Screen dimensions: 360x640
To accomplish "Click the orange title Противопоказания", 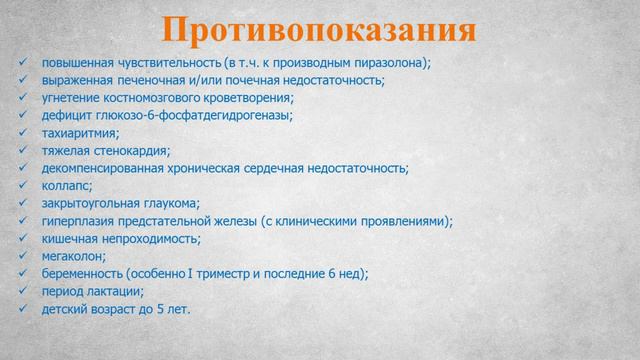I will pyautogui.click(x=319, y=29).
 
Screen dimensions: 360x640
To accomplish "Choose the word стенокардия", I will pyautogui.click(x=128, y=150).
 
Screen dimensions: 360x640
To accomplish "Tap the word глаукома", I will pyautogui.click(x=170, y=203).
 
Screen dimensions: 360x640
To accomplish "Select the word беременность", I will pyautogui.click(x=83, y=274).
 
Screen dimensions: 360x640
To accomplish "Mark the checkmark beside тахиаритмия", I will pyautogui.click(x=22, y=133).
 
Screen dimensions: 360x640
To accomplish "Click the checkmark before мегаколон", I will pyautogui.click(x=22, y=256).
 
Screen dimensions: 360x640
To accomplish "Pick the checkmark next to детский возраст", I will pyautogui.click(x=22, y=309).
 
